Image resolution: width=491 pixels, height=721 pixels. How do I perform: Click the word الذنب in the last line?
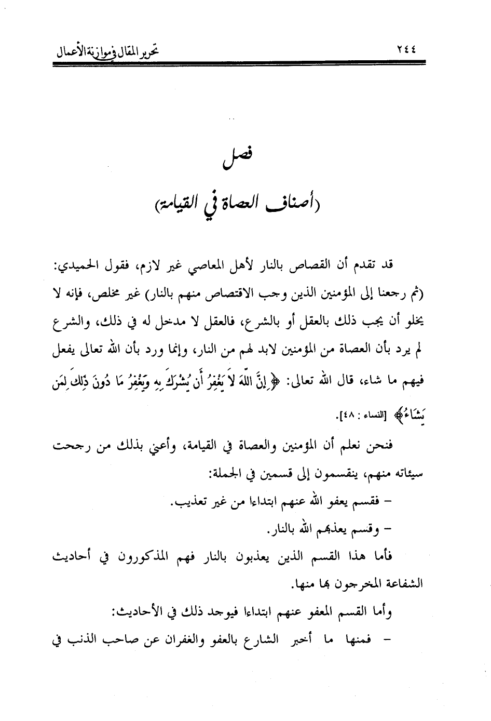click(84, 640)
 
